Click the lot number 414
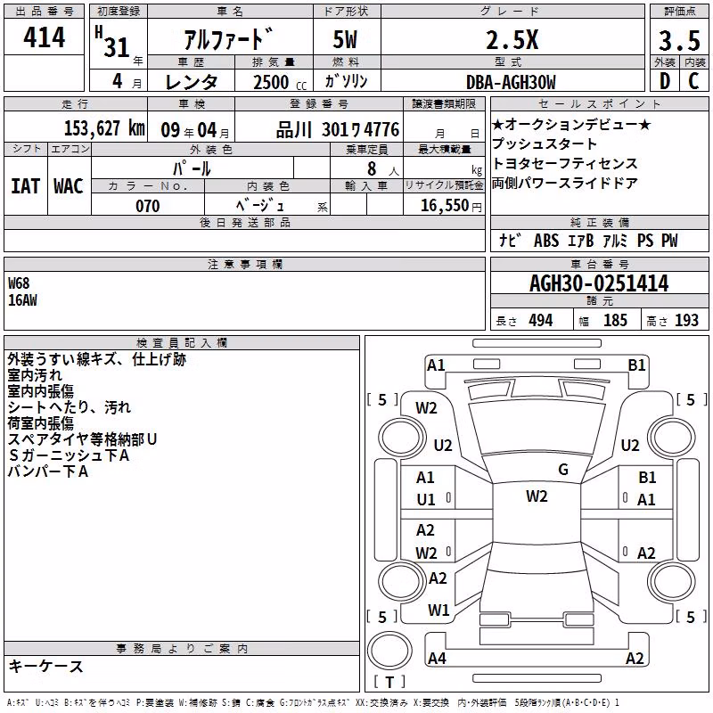pos(44,37)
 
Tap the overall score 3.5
pos(679,40)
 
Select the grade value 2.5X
pos(512,40)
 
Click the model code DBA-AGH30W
pos(511,82)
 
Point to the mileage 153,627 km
pos(104,128)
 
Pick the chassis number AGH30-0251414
pos(599,283)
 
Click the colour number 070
pos(148,206)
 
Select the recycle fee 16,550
pos(445,206)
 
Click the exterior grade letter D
pos(665,81)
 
